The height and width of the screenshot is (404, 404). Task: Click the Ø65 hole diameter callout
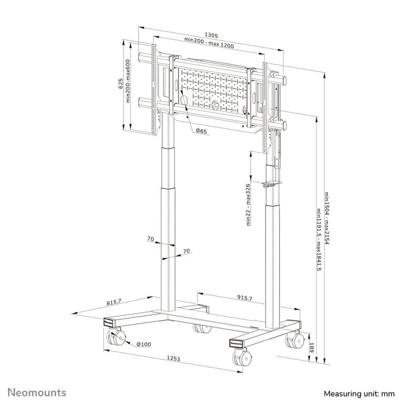click(x=201, y=132)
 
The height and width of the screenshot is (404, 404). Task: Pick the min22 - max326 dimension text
click(x=249, y=204)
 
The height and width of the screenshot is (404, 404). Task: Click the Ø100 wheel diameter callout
click(x=144, y=345)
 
